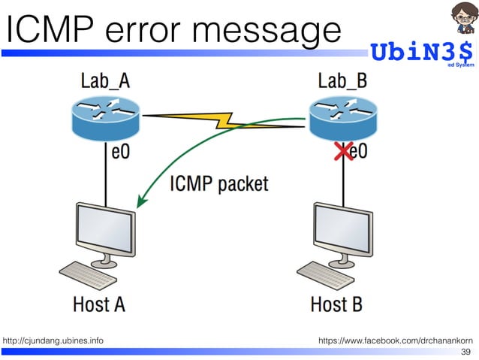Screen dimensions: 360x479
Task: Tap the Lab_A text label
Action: coord(104,81)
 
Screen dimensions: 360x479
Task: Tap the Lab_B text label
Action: coord(342,81)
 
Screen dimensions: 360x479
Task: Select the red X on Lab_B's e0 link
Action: coord(343,153)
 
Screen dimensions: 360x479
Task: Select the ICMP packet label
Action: coord(219,183)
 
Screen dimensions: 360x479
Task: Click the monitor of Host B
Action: coord(342,229)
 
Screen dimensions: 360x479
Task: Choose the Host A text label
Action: coord(98,305)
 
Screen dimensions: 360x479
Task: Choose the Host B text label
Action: coord(336,305)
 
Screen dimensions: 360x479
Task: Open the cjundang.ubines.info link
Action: coord(53,341)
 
